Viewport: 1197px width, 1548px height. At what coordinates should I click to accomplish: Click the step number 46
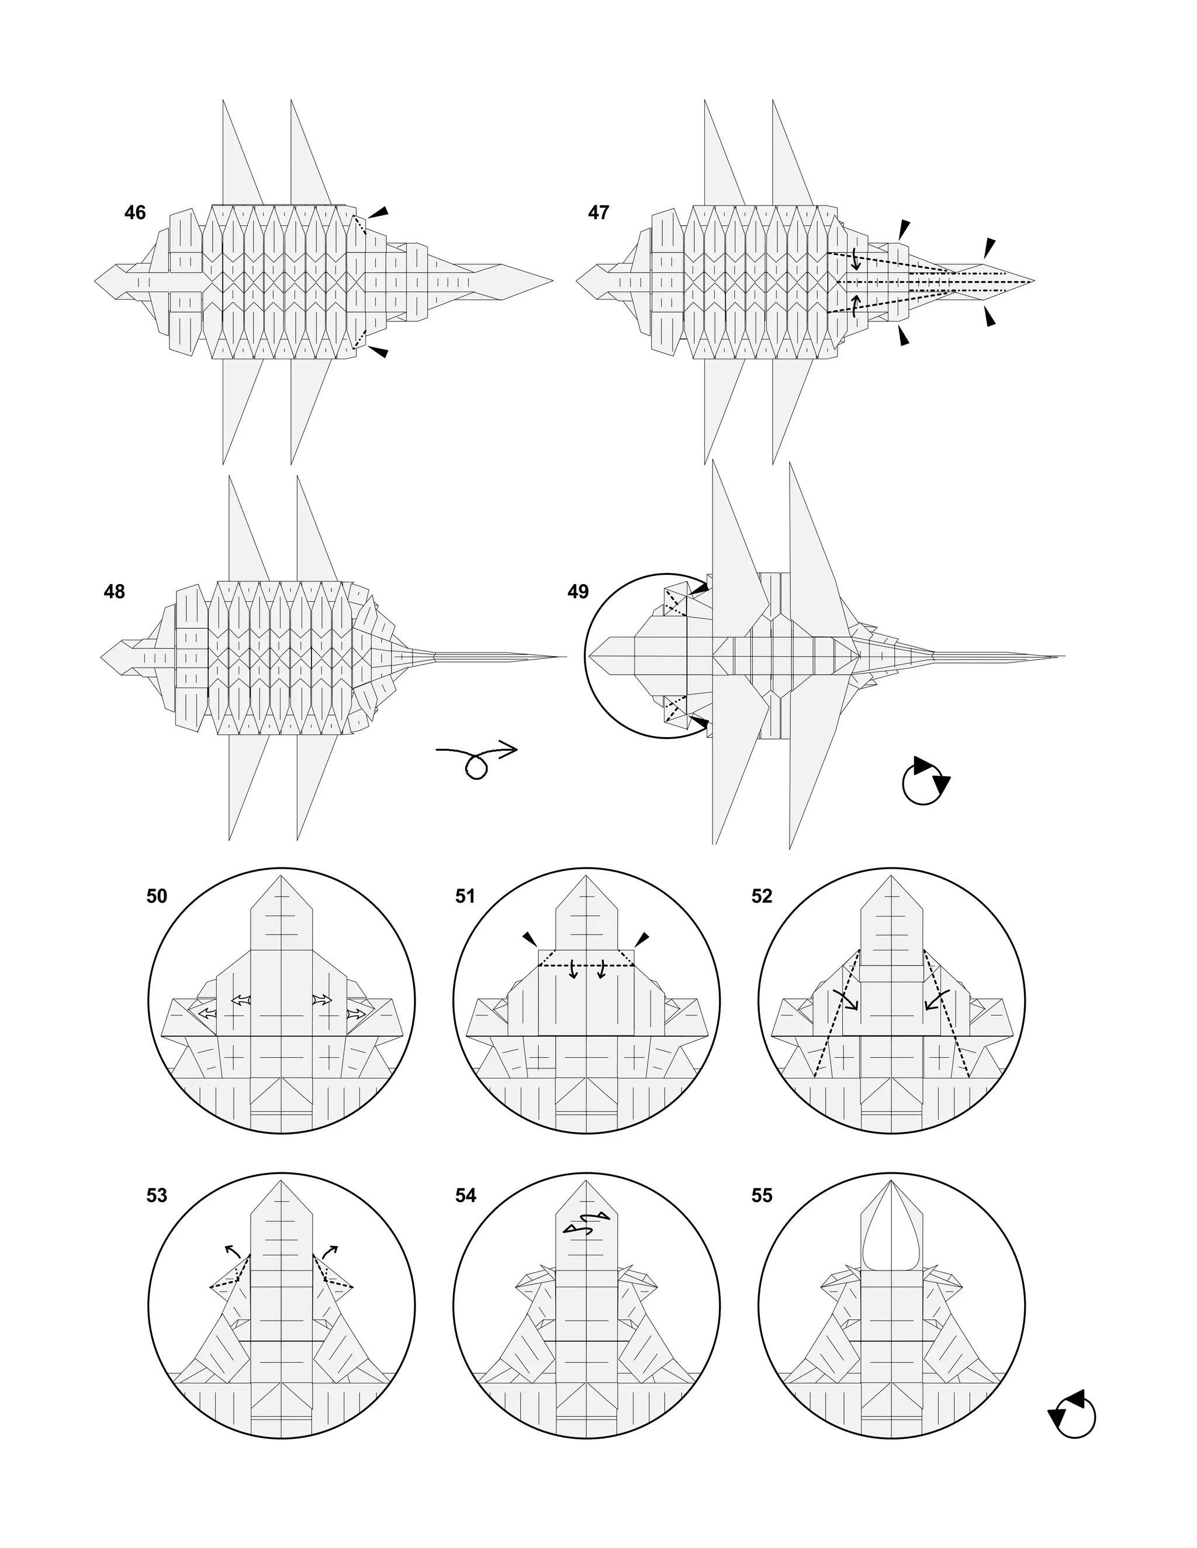point(135,213)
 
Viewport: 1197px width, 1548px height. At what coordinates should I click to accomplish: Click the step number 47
point(598,213)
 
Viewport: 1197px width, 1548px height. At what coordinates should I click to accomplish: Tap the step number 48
point(114,591)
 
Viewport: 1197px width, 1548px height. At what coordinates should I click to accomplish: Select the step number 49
point(578,591)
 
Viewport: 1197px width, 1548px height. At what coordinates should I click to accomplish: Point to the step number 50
point(157,896)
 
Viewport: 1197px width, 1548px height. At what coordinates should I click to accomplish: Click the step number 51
point(465,896)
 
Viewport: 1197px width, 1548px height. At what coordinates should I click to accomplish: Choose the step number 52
point(762,896)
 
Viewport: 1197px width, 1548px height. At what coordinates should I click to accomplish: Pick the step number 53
point(157,1195)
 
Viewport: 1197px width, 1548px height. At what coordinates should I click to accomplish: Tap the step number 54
point(465,1195)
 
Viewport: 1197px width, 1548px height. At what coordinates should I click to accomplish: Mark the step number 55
point(762,1195)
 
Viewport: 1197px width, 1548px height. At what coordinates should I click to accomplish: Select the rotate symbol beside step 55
point(1072,1415)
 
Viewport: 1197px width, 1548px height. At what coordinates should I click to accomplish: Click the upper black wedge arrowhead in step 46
point(381,212)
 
